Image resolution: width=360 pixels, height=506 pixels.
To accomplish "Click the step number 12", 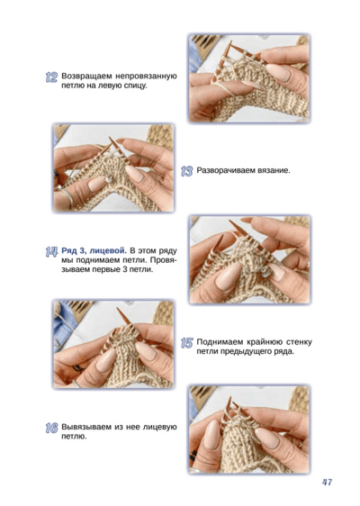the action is tap(51, 77).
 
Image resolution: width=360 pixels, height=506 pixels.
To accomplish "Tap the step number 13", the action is tap(187, 171).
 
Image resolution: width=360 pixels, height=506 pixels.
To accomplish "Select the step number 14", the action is tap(51, 251).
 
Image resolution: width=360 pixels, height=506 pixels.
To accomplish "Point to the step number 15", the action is tap(187, 343).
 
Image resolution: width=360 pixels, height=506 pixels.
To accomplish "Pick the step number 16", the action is tap(51, 429).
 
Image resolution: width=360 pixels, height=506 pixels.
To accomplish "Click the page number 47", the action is tap(327, 482).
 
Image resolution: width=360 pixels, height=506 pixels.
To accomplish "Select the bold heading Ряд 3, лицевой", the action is tap(93, 250).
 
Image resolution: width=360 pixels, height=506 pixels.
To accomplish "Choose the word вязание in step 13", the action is tap(274, 170).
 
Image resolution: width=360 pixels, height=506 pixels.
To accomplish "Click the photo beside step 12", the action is tap(249, 77).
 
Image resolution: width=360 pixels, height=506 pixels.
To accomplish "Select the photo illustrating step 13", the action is tap(114, 167).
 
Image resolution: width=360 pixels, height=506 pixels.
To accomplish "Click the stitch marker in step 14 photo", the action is tap(265, 271).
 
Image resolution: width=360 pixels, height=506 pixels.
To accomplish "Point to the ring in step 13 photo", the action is tap(67, 197).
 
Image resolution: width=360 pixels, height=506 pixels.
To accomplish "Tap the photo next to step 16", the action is tap(249, 429).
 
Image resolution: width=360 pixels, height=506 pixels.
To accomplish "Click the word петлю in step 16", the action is tap(74, 437).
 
